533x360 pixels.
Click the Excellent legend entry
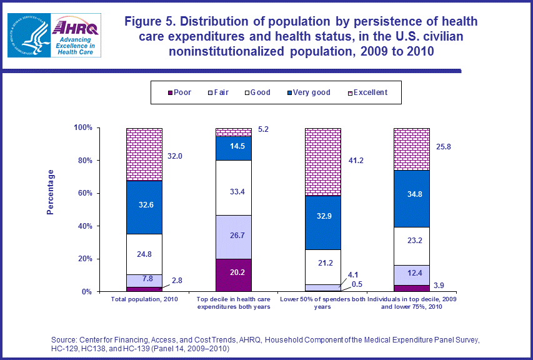point(366,92)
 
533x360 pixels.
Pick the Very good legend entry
point(307,92)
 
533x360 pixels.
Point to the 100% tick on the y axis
point(83,128)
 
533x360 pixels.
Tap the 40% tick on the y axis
point(85,226)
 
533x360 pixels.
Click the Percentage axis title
point(51,192)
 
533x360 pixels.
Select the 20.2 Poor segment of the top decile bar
point(233,275)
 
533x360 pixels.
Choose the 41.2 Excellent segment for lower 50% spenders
point(322,162)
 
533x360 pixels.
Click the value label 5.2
point(262,129)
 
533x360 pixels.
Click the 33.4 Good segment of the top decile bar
point(233,187)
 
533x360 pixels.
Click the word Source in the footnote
point(65,340)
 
